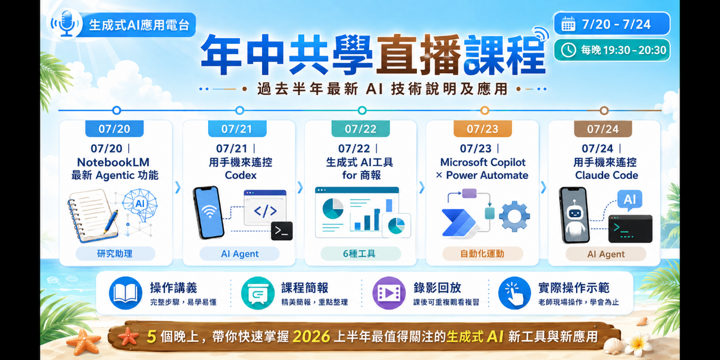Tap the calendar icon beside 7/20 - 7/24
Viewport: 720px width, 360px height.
click(x=568, y=24)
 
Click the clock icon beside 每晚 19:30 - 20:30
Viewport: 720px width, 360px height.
click(x=568, y=50)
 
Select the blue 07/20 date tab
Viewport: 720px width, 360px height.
click(x=114, y=129)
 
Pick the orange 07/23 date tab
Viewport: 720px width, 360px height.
click(x=483, y=129)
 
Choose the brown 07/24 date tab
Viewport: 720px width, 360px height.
click(x=603, y=129)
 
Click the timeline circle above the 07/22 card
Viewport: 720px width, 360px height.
click(x=362, y=110)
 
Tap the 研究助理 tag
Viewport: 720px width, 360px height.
click(x=115, y=254)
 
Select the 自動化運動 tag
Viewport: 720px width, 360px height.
click(x=482, y=254)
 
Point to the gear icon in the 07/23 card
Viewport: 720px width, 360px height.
click(x=514, y=217)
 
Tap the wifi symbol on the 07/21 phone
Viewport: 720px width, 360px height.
click(x=209, y=211)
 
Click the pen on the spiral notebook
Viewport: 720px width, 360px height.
click(x=111, y=222)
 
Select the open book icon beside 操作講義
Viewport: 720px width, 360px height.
click(x=125, y=293)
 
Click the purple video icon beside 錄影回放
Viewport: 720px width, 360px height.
click(x=389, y=293)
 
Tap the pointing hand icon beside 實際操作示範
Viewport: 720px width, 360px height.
click(x=514, y=293)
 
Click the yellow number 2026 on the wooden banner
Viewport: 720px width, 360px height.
click(x=312, y=337)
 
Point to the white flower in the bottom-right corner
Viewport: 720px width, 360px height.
click(x=638, y=344)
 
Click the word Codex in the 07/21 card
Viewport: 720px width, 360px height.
click(x=240, y=175)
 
